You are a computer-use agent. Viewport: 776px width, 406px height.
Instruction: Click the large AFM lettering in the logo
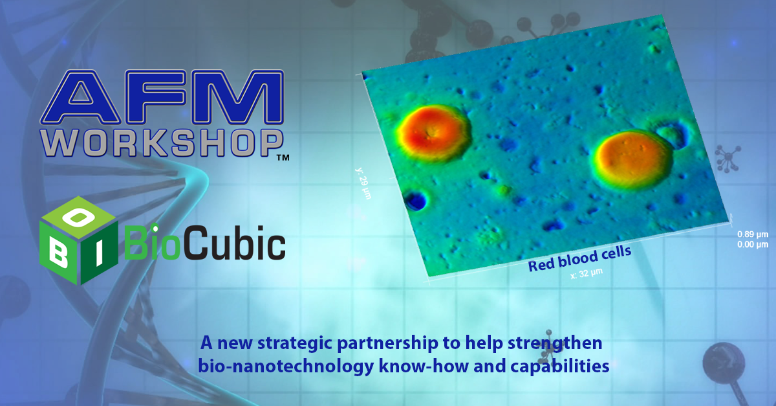click(x=162, y=97)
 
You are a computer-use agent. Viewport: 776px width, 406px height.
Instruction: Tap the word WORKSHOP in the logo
click(x=162, y=143)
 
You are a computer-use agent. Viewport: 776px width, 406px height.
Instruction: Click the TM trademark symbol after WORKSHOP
click(x=283, y=158)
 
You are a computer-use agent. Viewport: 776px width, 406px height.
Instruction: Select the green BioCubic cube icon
click(x=79, y=240)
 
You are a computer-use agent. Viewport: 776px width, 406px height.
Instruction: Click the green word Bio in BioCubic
click(x=152, y=242)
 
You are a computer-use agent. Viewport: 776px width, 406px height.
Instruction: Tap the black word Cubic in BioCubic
click(x=233, y=242)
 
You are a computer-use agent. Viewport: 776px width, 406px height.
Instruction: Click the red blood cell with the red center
click(x=435, y=133)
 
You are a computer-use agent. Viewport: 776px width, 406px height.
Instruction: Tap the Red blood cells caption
click(x=579, y=259)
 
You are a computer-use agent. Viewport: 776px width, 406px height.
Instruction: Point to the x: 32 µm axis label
click(x=587, y=273)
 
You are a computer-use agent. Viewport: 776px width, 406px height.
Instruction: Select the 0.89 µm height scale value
click(x=753, y=234)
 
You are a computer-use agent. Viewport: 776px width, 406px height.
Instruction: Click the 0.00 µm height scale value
click(x=753, y=245)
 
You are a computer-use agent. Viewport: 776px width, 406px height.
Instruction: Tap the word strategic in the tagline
click(x=296, y=344)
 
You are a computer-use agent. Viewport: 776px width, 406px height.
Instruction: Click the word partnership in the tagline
click(x=387, y=344)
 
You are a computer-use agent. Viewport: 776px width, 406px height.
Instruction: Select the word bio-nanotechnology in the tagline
click(x=286, y=367)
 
